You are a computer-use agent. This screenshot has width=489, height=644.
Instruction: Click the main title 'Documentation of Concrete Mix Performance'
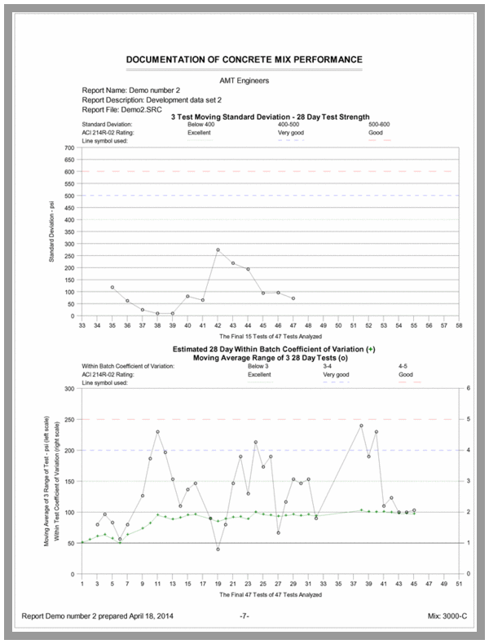coord(244,60)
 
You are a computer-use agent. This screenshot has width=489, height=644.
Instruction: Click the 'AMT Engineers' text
coord(244,80)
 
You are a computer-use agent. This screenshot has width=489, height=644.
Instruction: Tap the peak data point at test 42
coord(218,250)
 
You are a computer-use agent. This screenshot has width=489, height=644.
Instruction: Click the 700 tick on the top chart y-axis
coord(70,148)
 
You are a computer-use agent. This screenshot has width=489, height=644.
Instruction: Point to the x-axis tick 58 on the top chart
coord(460,325)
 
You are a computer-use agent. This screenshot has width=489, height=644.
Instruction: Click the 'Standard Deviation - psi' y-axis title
coord(51,232)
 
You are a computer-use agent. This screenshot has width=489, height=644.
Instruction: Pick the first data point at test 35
coord(112,287)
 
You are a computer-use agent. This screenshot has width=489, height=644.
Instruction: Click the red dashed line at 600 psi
coord(269,171)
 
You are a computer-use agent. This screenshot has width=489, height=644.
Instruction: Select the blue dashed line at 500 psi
coord(269,196)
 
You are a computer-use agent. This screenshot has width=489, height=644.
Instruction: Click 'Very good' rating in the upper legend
coord(291,131)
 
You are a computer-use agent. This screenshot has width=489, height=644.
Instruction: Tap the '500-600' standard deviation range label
coord(380,124)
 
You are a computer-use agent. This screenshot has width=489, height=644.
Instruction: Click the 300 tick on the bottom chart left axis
coord(70,389)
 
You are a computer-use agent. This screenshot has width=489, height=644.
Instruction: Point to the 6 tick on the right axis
coord(467,389)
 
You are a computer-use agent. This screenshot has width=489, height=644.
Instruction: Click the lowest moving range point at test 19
coord(218,549)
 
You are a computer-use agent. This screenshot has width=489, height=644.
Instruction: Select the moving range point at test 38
coord(361,426)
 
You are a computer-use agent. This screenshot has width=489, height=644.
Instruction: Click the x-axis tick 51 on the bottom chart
coord(459,583)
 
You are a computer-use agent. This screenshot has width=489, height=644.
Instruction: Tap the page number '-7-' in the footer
coord(244,615)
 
